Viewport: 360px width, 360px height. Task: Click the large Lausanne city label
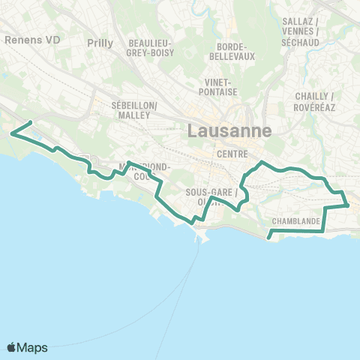coord(228,132)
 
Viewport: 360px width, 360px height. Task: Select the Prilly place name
coord(100,43)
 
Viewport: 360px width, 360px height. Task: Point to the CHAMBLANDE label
coord(297,221)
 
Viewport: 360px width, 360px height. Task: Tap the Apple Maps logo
coord(13,347)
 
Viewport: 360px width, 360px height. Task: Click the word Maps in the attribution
coord(33,347)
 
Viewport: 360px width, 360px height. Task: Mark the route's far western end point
coord(30,122)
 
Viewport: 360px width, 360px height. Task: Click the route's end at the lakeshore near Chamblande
coord(268,239)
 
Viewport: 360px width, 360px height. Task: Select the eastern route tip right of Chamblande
coord(348,205)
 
